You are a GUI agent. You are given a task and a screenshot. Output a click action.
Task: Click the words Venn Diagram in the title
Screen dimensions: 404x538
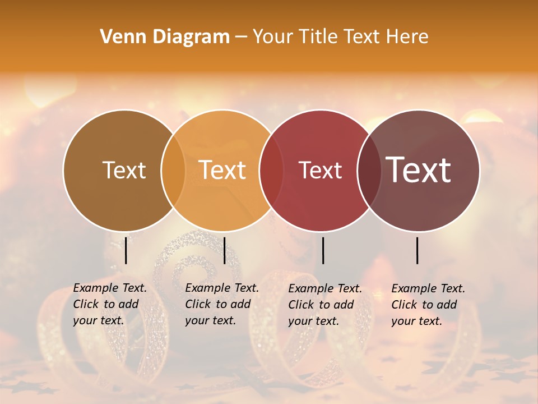click(165, 37)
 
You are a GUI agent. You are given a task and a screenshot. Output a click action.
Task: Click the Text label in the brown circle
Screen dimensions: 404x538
click(124, 170)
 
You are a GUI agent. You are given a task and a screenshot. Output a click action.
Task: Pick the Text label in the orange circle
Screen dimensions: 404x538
click(222, 170)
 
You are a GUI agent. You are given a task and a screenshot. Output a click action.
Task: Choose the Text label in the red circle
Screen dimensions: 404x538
click(320, 170)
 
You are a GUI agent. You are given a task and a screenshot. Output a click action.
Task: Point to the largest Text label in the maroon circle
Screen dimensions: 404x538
click(419, 170)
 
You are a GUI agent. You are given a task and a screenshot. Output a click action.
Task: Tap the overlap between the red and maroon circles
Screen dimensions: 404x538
click(369, 170)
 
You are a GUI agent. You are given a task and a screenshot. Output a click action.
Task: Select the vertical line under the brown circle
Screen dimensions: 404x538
click(126, 250)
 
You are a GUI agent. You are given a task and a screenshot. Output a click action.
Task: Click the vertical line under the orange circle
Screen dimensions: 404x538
click(224, 250)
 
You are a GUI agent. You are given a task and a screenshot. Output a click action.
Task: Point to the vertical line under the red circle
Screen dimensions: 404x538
click(323, 250)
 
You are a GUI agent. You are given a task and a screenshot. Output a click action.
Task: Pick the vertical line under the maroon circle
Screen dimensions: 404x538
click(418, 250)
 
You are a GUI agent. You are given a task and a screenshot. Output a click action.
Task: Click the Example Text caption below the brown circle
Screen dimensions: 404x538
click(109, 304)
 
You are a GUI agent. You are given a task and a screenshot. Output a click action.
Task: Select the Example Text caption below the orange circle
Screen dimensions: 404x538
click(221, 304)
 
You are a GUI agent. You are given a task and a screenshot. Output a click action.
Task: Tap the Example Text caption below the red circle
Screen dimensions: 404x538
click(324, 305)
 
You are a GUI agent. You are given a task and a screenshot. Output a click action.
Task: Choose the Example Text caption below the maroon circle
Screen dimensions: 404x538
click(428, 305)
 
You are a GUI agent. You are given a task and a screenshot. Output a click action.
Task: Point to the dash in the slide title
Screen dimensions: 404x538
click(241, 37)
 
